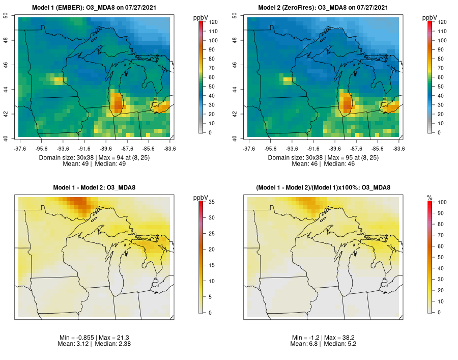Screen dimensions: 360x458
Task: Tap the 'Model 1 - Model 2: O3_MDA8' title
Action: [94, 188]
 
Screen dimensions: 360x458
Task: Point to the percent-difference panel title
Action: [324, 188]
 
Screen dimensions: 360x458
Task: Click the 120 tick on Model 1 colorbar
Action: [213, 22]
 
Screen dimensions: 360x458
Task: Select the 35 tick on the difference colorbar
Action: [211, 202]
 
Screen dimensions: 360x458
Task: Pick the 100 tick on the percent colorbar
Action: [442, 202]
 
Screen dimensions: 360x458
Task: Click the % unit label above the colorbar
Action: [429, 197]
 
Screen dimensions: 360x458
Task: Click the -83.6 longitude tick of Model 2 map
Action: [399, 149]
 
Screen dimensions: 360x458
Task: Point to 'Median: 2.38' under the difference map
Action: [111, 344]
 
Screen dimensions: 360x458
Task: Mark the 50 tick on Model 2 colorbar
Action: [441, 86]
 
